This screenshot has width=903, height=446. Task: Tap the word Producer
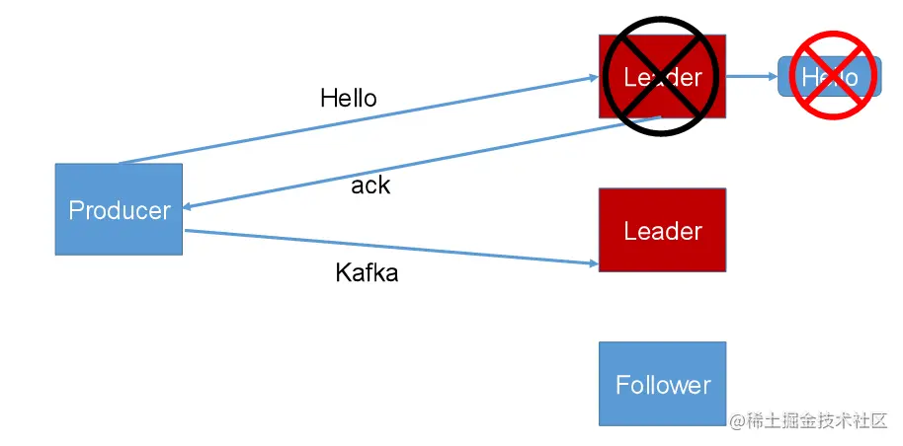point(119,210)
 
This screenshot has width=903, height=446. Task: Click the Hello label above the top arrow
point(349,98)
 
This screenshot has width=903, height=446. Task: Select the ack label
point(370,186)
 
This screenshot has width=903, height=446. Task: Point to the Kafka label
point(367,273)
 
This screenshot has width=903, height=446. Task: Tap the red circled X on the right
point(830,76)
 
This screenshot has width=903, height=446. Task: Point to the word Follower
point(662,385)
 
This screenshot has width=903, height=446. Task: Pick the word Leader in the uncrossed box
point(662,231)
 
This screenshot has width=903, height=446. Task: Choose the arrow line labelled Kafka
point(395,248)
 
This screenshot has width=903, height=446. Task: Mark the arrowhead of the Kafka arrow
point(592,264)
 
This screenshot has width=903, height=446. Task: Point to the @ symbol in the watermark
point(736,421)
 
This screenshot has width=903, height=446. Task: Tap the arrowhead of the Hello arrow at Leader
point(593,76)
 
